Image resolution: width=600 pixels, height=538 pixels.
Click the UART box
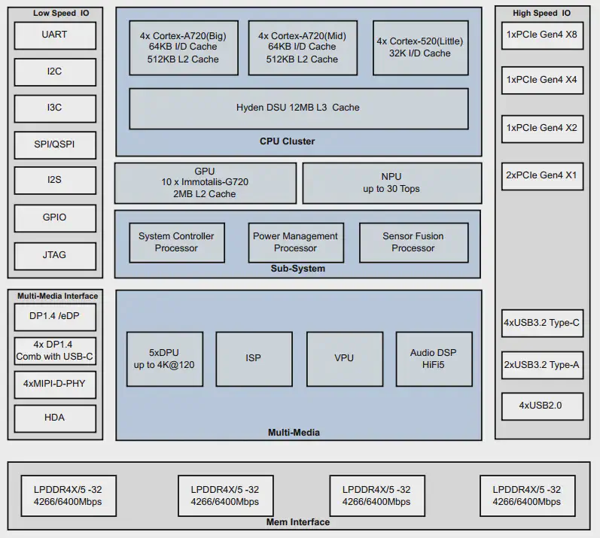click(x=55, y=35)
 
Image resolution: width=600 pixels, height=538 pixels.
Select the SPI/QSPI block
click(x=55, y=144)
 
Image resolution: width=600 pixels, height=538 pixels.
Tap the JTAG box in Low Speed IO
click(x=55, y=254)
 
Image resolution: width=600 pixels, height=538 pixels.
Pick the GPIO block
click(x=55, y=217)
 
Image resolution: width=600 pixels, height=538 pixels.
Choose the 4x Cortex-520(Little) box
click(x=419, y=47)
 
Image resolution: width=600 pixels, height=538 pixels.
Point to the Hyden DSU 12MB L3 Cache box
click(x=298, y=108)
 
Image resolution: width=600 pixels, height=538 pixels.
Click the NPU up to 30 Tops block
click(x=391, y=183)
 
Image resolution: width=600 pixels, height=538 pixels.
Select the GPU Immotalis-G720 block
click(x=205, y=183)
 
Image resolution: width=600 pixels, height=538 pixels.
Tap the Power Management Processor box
click(x=296, y=242)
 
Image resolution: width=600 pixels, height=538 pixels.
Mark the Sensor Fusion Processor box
click(x=413, y=242)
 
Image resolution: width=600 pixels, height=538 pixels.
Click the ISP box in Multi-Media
click(x=254, y=358)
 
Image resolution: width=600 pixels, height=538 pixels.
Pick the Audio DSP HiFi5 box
click(x=434, y=358)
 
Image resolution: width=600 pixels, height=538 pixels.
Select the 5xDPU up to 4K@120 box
click(x=165, y=358)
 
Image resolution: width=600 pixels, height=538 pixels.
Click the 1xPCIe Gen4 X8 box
click(x=542, y=35)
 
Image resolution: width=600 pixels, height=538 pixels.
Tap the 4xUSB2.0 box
click(x=542, y=406)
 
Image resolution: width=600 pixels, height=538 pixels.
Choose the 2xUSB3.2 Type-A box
click(x=542, y=365)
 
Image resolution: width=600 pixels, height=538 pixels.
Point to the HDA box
click(x=55, y=418)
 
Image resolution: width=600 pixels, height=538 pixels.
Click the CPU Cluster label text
click(x=287, y=141)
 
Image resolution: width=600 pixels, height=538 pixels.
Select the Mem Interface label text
click(x=298, y=522)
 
